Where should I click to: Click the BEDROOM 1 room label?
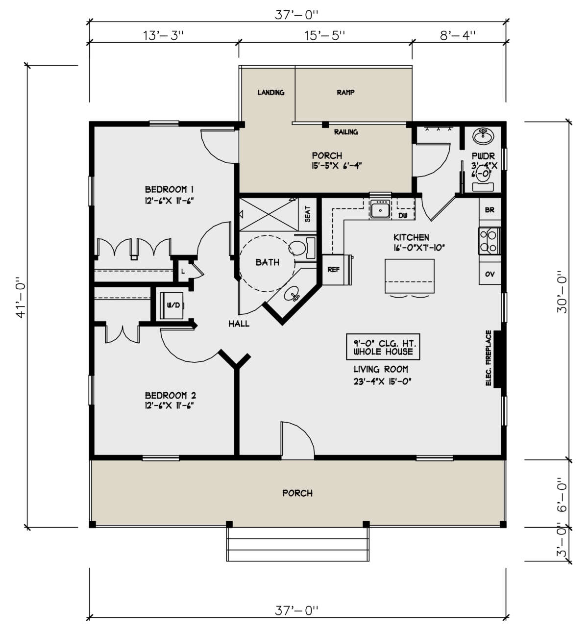169,189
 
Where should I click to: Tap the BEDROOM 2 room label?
171,396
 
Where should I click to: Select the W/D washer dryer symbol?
171,305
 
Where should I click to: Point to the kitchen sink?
380,209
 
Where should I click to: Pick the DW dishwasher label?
403,216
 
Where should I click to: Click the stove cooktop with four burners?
489,241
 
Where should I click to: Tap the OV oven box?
490,274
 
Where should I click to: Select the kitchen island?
410,276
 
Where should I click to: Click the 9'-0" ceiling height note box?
383,347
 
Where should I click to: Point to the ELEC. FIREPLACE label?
489,358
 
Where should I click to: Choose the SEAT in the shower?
307,214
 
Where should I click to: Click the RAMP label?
345,93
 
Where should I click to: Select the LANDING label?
271,93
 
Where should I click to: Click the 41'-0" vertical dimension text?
21,297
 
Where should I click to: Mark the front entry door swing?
297,440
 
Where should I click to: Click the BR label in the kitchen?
490,210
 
